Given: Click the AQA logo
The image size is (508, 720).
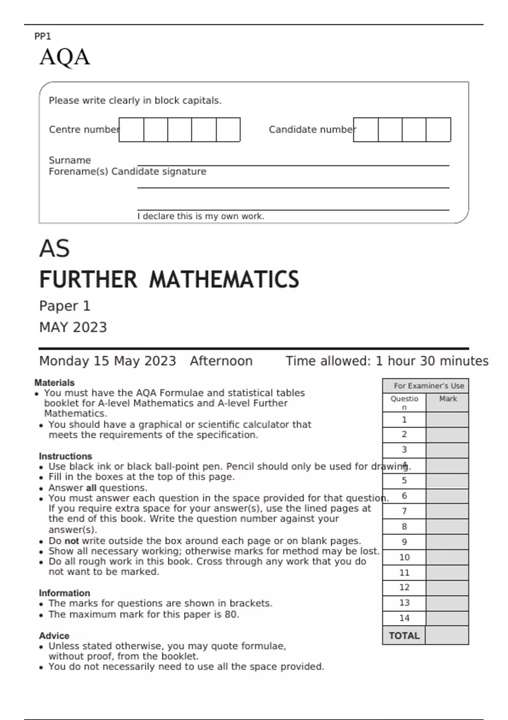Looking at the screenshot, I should (65, 57).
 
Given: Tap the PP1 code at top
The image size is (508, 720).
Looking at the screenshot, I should (42, 36).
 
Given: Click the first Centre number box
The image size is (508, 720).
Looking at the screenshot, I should (132, 130).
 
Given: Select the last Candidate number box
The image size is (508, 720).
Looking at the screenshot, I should (438, 130).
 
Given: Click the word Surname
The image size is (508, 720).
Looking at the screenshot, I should (70, 160).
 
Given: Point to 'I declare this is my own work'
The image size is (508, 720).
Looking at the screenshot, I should (201, 216).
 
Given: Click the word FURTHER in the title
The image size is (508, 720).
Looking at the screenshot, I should (88, 280).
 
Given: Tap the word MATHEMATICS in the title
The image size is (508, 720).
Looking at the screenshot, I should (224, 280).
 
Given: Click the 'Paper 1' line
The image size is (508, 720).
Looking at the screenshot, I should (65, 306).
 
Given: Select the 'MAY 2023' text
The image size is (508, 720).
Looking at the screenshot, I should (73, 327).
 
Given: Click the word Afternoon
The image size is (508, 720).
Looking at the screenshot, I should (221, 361).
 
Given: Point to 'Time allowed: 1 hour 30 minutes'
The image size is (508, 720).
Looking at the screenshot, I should (387, 361).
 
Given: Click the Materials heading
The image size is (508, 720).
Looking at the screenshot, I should (54, 382).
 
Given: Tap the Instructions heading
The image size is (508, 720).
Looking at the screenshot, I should (65, 456).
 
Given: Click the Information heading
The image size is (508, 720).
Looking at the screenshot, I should (64, 593).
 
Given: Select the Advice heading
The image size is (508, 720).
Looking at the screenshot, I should (54, 636).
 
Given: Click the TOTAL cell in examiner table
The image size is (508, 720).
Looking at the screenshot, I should (404, 636).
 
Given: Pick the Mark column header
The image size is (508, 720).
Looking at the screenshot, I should (447, 399).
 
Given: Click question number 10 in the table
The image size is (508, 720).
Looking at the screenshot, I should (404, 557).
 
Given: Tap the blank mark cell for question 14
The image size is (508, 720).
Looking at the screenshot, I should (447, 618).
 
